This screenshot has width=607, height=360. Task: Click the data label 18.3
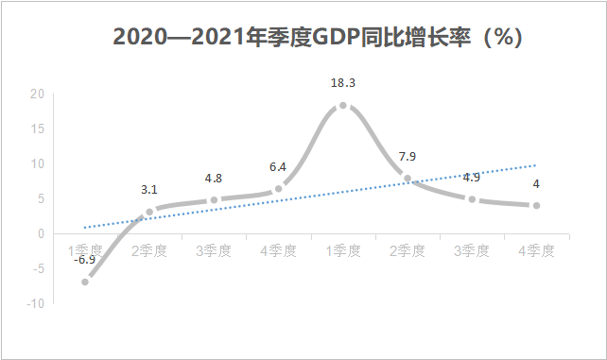pos(343,83)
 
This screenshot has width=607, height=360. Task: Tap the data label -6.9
pos(85,260)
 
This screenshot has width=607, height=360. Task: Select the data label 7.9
pos(408,156)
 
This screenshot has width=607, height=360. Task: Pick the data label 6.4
pos(278,167)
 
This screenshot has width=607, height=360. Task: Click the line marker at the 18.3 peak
pos(343,106)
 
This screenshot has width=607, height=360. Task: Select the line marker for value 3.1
pos(149,212)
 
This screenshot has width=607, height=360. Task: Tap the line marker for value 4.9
pos(472,199)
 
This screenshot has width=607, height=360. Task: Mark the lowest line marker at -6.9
pos(85,282)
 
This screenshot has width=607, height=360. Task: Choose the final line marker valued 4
pos(536,205)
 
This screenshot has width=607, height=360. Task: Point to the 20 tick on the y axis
pos(37,94)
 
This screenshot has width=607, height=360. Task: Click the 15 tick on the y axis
pos(37,129)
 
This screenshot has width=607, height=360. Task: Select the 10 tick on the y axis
pos(37,163)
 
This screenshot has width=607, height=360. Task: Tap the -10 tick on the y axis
pos(35,303)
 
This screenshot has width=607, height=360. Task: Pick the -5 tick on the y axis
pos(38,268)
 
